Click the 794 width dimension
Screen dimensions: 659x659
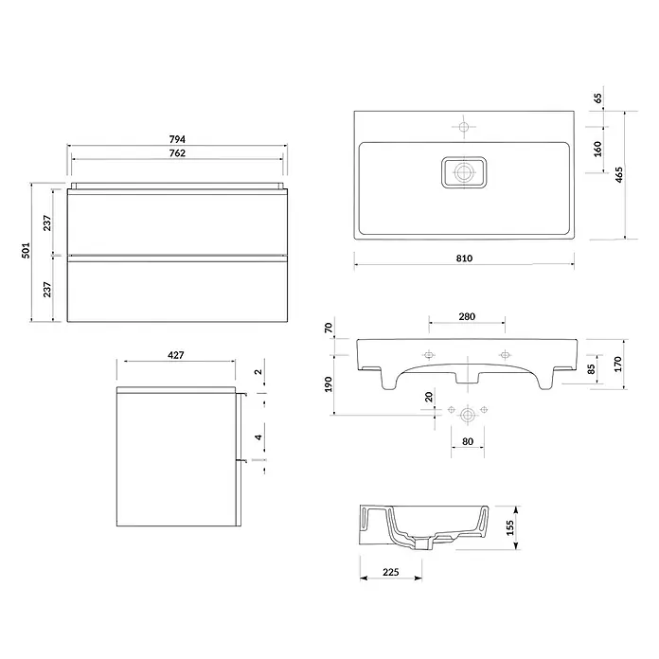click(177, 138)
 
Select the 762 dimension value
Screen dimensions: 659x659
click(177, 153)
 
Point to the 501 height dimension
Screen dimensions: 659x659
click(27, 251)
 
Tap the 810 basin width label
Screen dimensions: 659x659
click(464, 258)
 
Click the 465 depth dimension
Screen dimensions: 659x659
click(618, 175)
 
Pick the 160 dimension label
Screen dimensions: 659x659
click(597, 150)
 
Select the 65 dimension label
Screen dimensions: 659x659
click(597, 98)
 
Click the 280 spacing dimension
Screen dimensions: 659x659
click(467, 316)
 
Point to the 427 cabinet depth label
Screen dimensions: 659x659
click(176, 355)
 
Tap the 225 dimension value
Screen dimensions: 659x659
click(390, 572)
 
